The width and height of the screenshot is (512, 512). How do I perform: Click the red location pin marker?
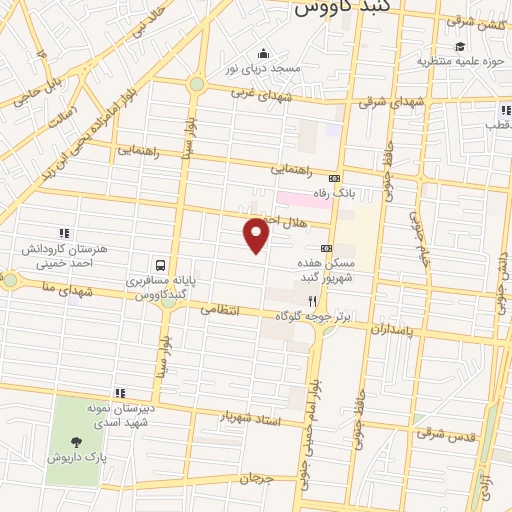257,235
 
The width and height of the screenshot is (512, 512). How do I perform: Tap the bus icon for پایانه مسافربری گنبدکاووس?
161,265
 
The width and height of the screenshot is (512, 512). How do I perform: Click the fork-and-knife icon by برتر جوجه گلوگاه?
312,299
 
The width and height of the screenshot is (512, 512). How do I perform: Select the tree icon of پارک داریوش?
76,441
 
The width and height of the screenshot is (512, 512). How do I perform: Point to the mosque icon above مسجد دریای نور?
262,53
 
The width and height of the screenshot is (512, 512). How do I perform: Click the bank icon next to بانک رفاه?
334,177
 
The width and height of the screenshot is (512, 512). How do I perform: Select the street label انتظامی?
221,310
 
